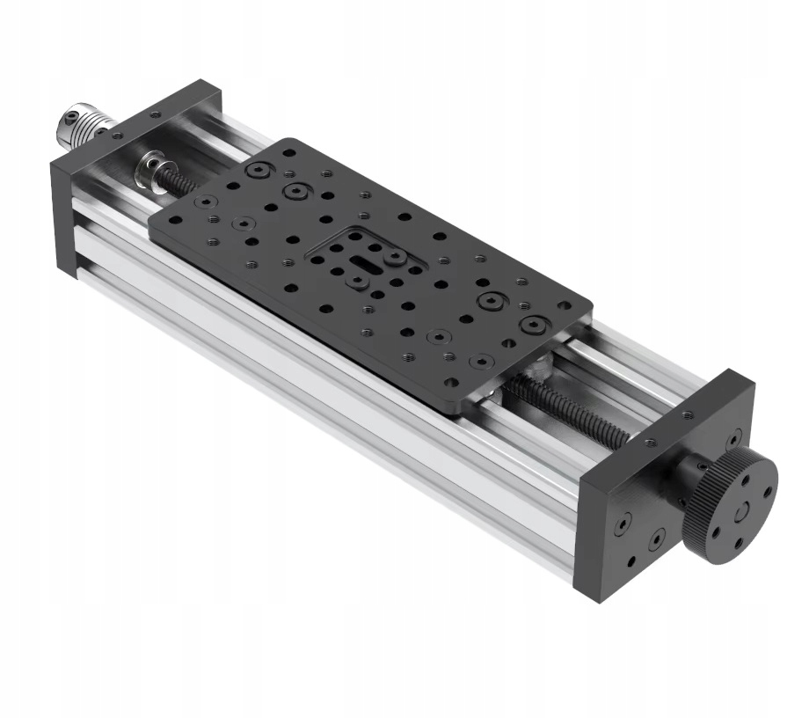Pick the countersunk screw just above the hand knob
click(x=732, y=436)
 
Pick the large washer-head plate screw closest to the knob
click(x=532, y=325)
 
